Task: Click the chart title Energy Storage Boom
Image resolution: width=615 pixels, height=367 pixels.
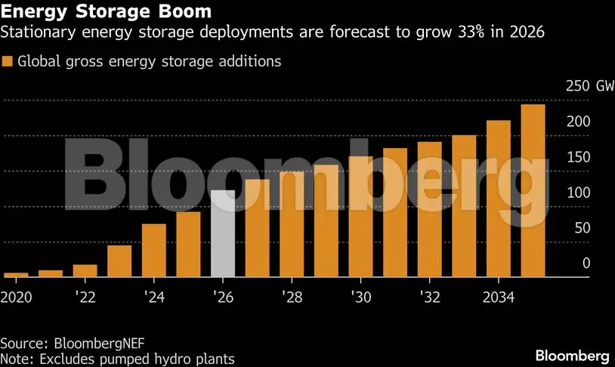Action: pos(106,13)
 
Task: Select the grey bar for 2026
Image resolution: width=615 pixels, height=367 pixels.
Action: pos(223,233)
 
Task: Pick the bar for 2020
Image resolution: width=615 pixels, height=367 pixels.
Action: pos(16,275)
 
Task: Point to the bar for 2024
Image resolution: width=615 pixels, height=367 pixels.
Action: pos(154,250)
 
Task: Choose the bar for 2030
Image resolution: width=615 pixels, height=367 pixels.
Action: pos(360,217)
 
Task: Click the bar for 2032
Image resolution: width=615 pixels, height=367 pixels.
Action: pos(429,209)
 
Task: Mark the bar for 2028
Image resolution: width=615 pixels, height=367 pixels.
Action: pos(292,224)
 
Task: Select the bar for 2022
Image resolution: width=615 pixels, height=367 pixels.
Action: pos(85,270)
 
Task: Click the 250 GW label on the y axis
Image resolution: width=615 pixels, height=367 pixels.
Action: pos(589,86)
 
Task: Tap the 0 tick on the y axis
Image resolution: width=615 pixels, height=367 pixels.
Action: pos(586,264)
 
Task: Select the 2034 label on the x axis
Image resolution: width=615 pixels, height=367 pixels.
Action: pos(499,297)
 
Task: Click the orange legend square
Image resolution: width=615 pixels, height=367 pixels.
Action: pos(8,62)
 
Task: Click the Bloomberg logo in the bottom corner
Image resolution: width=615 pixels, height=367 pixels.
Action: pos(572,355)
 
